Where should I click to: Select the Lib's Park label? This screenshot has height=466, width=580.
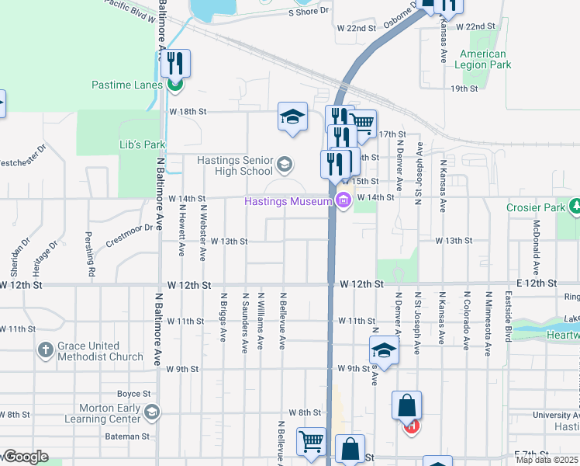tap(143, 145)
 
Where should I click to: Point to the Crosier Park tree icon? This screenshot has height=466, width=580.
tap(575, 207)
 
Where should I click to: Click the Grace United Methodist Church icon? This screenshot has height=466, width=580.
tap(46, 351)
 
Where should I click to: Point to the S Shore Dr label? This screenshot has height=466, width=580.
tap(309, 12)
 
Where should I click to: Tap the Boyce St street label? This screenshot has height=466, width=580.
tap(132, 394)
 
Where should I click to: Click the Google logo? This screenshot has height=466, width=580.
tap(25, 457)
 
